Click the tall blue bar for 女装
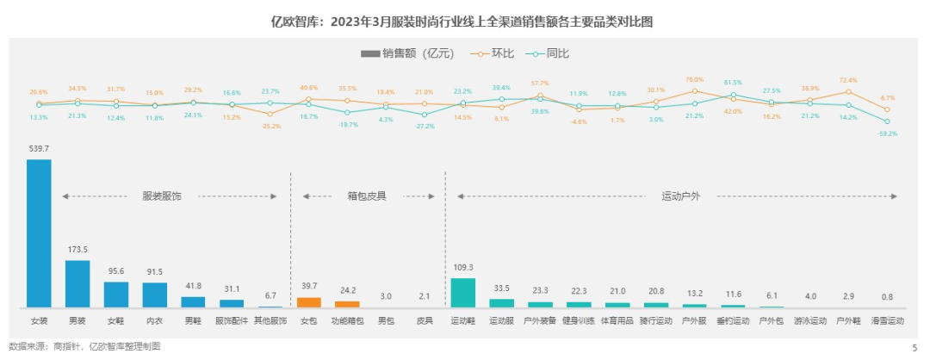point(39,233)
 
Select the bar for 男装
point(77,283)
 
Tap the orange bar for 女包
point(308,302)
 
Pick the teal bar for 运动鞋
point(463,293)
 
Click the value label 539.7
point(39,152)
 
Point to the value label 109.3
point(463,268)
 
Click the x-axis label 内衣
point(154,320)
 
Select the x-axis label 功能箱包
point(347,320)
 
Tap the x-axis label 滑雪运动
point(887,320)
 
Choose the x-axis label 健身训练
point(579,320)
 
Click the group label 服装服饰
point(162,196)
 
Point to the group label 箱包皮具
point(366,196)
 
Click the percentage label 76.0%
point(694,79)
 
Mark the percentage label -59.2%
point(887,133)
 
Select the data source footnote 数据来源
point(84,346)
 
